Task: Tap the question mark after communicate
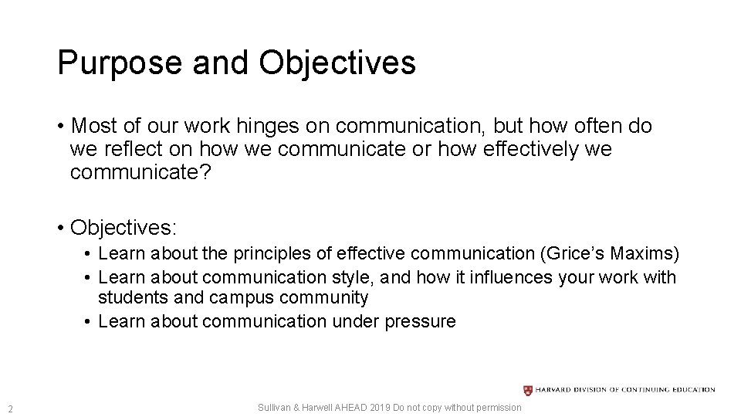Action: tap(204, 172)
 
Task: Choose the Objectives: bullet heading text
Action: tap(123, 229)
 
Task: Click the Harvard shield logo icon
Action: tap(527, 390)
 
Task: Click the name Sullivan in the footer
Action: tap(274, 408)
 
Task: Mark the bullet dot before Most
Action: tap(60, 126)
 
